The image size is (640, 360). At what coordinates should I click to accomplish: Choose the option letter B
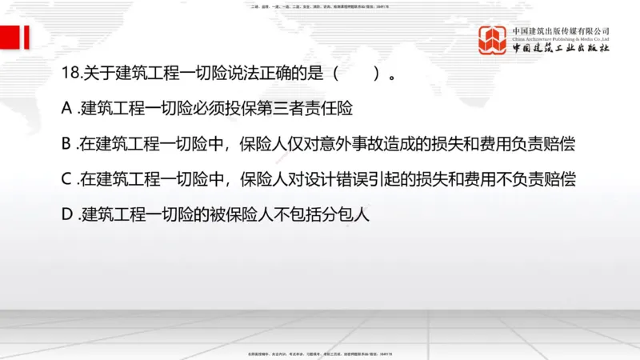click(x=66, y=143)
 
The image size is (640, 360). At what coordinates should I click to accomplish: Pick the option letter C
click(x=66, y=179)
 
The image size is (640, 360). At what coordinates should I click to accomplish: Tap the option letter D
click(x=67, y=215)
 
